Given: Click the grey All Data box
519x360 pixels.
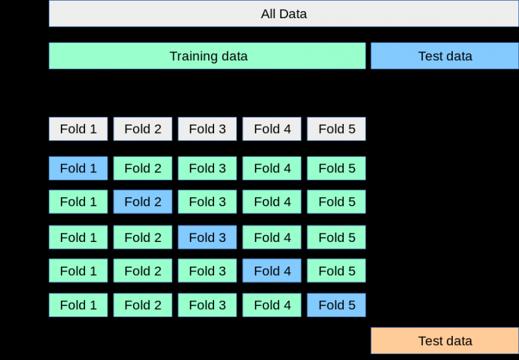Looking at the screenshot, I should (x=284, y=14).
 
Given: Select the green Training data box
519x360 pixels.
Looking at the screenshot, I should (x=208, y=56).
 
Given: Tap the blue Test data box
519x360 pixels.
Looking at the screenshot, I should (x=444, y=56).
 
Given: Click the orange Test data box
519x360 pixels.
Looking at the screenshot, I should (x=444, y=341).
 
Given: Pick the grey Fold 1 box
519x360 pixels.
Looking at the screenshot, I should (x=78, y=129).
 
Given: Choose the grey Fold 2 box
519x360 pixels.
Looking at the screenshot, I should (x=143, y=129).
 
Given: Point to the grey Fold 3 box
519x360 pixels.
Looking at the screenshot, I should (x=207, y=129).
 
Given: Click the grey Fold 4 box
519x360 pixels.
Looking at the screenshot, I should (x=272, y=129).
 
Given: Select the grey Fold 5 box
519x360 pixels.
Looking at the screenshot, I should (x=336, y=129).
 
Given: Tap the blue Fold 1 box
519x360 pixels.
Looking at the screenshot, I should (x=78, y=169).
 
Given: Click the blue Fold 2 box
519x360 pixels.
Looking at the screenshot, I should (x=143, y=202).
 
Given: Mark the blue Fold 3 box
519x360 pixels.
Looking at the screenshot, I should (x=207, y=237).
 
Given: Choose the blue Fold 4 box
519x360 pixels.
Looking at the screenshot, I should (x=272, y=270).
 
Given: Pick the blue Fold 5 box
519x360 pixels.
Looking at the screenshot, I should (x=336, y=305).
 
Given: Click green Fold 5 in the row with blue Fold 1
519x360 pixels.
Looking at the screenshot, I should (x=336, y=169).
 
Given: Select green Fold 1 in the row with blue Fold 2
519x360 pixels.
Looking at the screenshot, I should (x=78, y=202).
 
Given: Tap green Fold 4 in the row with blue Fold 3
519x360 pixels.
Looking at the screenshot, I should (x=272, y=237).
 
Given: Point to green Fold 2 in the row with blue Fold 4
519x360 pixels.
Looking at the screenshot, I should (x=143, y=270).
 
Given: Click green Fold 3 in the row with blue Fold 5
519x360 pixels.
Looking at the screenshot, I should (x=207, y=305).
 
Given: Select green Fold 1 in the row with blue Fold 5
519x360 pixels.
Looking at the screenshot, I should (x=78, y=305).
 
